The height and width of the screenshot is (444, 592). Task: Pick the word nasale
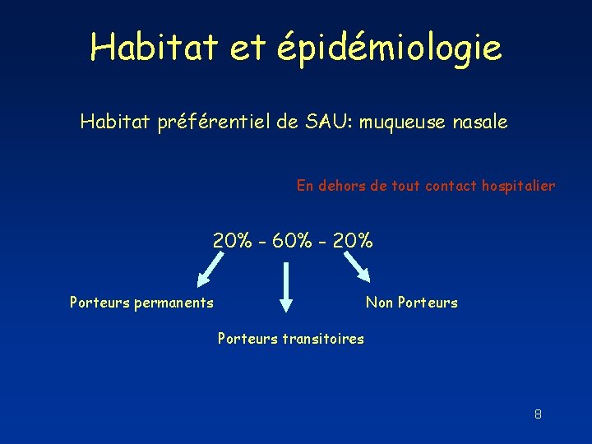[x=479, y=123]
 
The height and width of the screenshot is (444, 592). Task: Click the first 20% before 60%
[x=233, y=241]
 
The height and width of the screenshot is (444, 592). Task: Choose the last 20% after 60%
[x=354, y=241]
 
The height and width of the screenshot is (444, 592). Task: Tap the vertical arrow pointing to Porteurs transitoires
[x=285, y=287]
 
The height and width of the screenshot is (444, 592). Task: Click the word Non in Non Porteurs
[x=379, y=303]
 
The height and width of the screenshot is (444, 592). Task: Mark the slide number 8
[x=538, y=414]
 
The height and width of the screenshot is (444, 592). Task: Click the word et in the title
[x=247, y=48]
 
